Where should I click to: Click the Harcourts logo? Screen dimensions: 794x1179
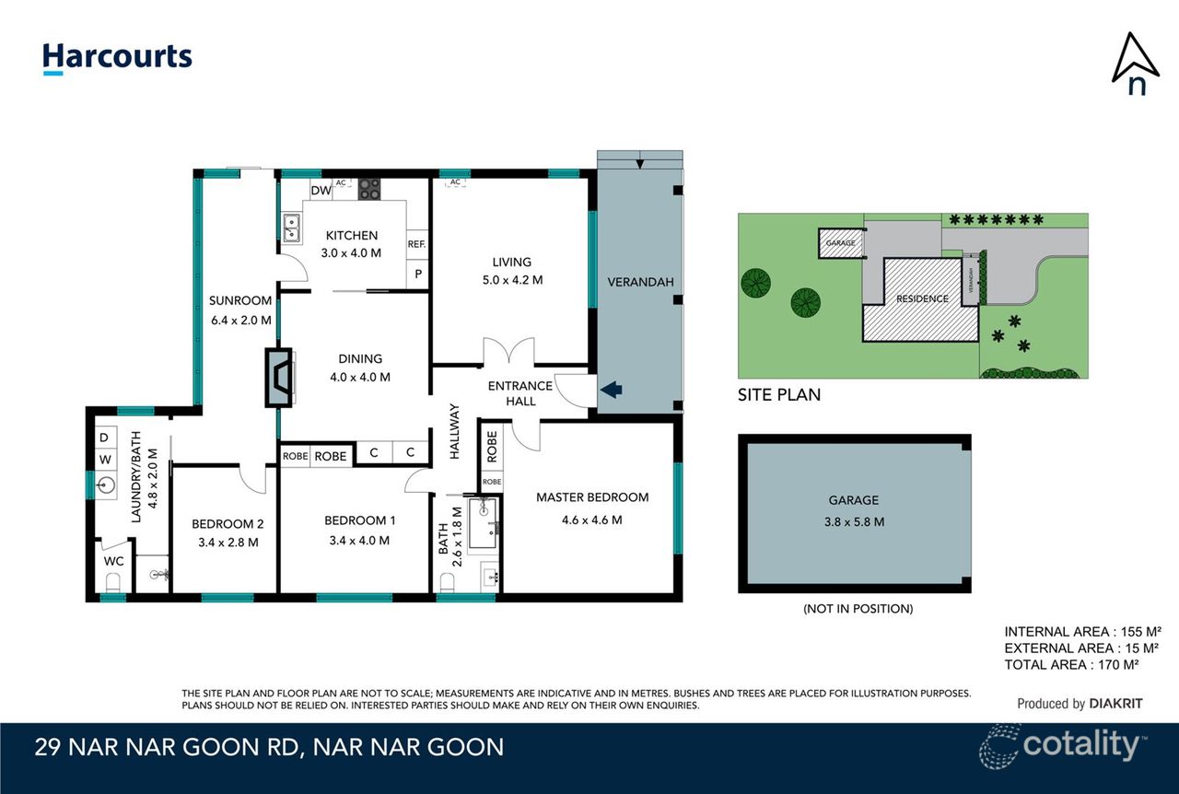(x=117, y=58)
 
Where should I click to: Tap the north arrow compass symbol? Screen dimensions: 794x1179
(x=1135, y=64)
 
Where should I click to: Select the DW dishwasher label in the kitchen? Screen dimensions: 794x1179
(x=320, y=191)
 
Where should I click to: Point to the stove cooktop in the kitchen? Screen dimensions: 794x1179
(x=369, y=189)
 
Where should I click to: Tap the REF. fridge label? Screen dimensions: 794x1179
(x=417, y=244)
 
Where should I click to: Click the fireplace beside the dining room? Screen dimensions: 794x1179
(x=280, y=377)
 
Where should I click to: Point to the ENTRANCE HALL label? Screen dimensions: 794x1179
(x=520, y=393)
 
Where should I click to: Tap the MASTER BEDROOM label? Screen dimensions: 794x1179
(x=592, y=497)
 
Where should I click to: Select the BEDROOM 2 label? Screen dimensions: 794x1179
(x=228, y=524)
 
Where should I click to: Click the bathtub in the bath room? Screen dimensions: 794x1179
(x=484, y=524)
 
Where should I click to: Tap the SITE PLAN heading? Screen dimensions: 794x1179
(x=779, y=395)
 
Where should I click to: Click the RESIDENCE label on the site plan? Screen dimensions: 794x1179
(x=922, y=298)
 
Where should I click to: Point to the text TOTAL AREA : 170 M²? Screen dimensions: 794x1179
(x=1082, y=664)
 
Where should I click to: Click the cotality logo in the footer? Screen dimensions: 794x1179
(x=1063, y=744)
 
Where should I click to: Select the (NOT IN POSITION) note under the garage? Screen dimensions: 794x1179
(x=858, y=609)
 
